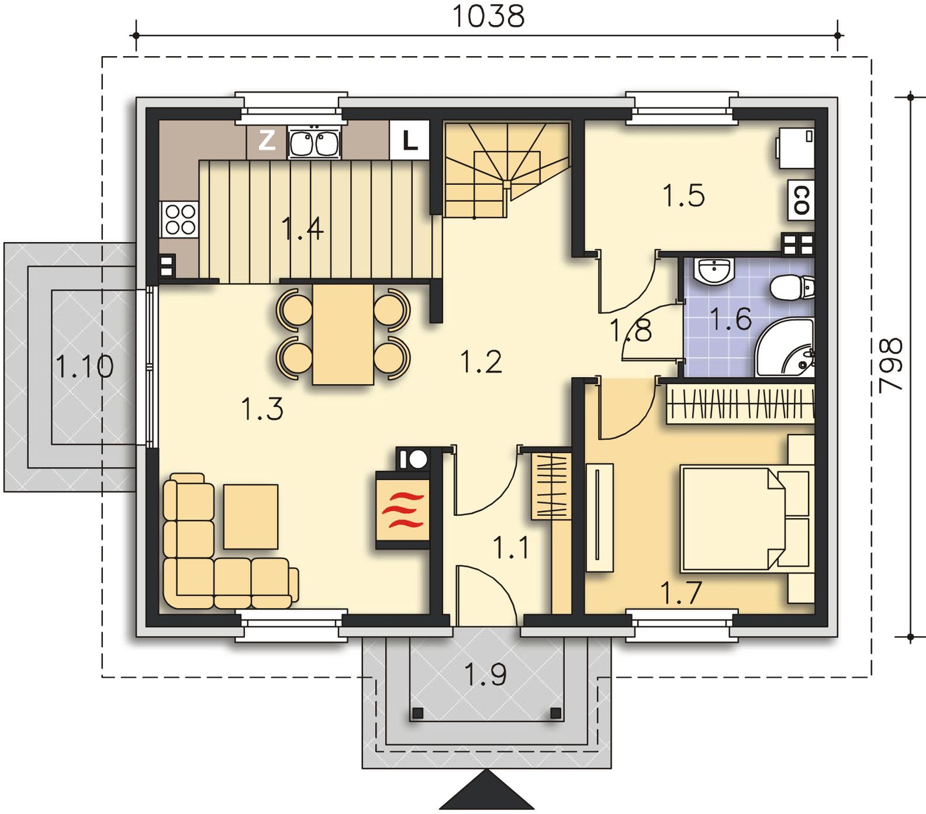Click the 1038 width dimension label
pos(489,16)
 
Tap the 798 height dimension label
pos(892,365)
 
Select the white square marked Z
pos(267,140)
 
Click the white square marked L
pos(409,140)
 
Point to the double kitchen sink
pos(315,142)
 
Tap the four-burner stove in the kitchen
pos(179,219)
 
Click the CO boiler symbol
pos(801,199)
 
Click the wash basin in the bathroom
pos(714,271)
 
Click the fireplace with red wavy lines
pos(402,510)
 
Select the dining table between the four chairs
pos(343,334)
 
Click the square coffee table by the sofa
pos(251,516)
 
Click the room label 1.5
pos(683,195)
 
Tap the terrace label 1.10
pos(84,367)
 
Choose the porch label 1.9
pos(485,675)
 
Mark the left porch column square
pos(417,713)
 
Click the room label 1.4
pos(302,228)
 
